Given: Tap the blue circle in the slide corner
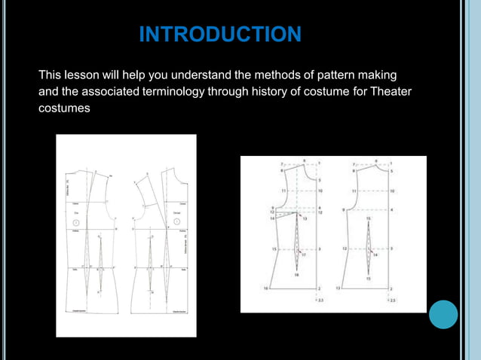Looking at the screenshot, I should [443, 314].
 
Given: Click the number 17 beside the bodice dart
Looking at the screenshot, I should [302, 256].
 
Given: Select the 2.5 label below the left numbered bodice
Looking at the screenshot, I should [321, 301].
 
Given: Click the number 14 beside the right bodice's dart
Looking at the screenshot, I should [376, 255].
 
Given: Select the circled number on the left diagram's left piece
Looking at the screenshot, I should [76, 223].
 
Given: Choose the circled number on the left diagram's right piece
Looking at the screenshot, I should [176, 223].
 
